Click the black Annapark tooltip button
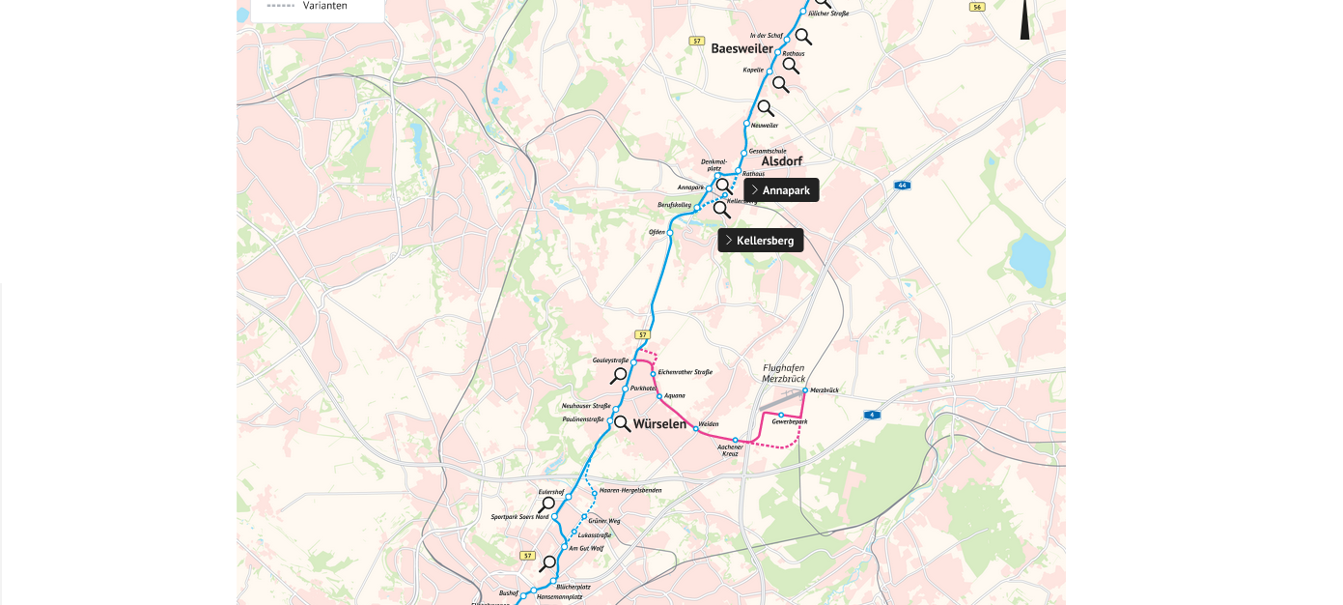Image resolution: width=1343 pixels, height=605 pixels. [x=781, y=190]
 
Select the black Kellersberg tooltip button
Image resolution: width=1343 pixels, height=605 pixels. [x=761, y=240]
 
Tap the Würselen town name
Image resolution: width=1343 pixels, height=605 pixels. [x=659, y=423]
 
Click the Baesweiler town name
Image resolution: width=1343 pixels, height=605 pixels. [x=741, y=48]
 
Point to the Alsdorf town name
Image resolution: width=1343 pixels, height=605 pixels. [x=782, y=161]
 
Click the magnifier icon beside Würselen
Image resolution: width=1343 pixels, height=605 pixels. [x=623, y=423]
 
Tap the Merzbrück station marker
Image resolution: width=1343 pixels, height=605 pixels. [x=804, y=390]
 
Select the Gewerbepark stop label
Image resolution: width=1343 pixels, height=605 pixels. [x=790, y=422]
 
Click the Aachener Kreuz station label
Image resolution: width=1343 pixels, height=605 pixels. [x=731, y=449]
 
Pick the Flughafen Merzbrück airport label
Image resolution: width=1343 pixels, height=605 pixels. [x=784, y=373]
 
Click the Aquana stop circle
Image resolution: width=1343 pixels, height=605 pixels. [x=658, y=395]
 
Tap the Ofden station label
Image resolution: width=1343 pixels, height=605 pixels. [x=657, y=232]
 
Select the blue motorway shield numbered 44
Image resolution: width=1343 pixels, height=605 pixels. [x=902, y=185]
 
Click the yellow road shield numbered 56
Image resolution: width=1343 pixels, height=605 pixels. [x=977, y=7]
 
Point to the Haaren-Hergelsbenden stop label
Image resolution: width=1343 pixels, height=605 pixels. [x=630, y=490]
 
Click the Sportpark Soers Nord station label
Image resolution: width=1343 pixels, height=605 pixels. [x=519, y=517]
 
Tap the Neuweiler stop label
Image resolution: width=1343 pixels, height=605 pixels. [x=764, y=125]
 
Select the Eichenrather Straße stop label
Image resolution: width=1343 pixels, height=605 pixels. [x=685, y=372]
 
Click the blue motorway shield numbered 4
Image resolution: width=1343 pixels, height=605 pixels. [x=872, y=415]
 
